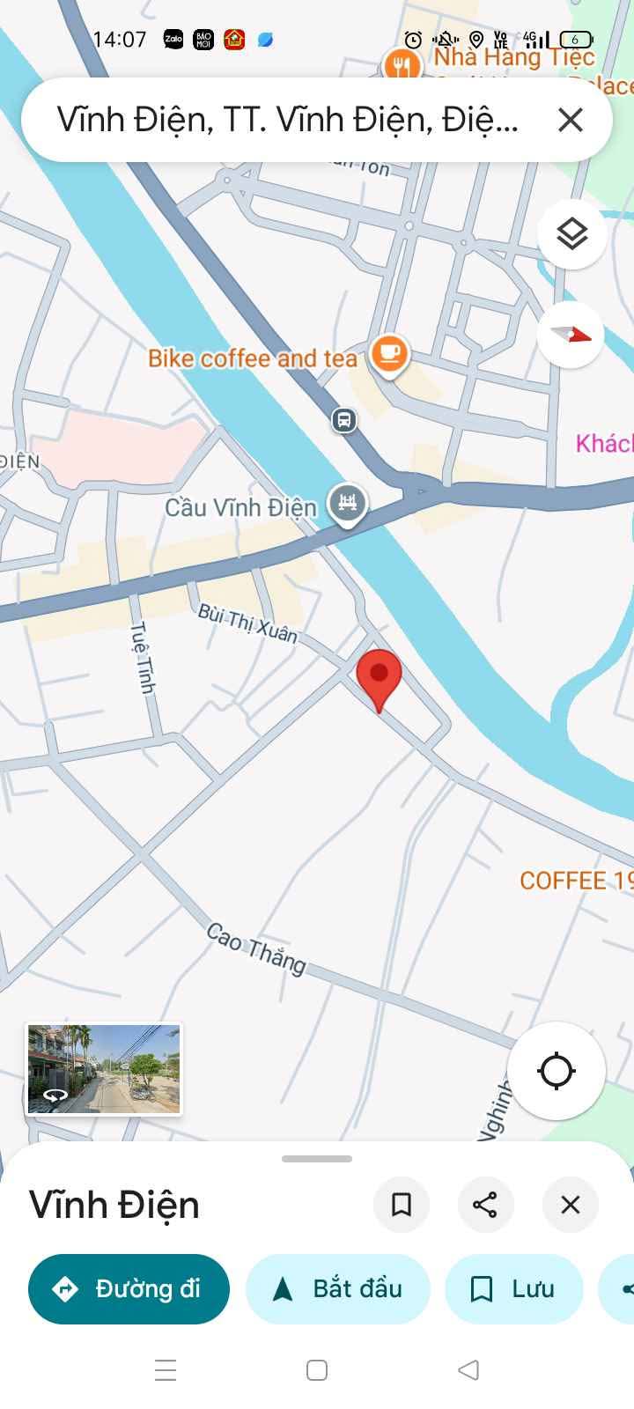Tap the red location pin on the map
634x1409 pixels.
coord(380,676)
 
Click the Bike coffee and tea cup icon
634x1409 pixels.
coord(389,354)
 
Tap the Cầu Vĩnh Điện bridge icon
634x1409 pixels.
coord(348,504)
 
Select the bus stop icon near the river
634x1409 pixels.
coord(344,419)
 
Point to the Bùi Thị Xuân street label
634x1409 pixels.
coord(247,622)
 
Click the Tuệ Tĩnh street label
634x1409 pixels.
coord(143,657)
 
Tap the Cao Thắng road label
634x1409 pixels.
coord(256,948)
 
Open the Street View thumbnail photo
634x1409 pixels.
coord(104,1068)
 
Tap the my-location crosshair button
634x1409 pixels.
coord(556,1071)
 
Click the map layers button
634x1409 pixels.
coord(571,234)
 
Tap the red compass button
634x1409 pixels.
coord(571,335)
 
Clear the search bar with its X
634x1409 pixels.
coord(571,120)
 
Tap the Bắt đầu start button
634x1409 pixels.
coord(338,1289)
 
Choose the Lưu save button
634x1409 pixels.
coord(514,1289)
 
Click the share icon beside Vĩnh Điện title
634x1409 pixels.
coord(485,1205)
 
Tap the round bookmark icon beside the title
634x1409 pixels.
coord(402,1205)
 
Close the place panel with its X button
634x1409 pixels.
coord(571,1205)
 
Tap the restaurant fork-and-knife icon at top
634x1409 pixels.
coord(402,64)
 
